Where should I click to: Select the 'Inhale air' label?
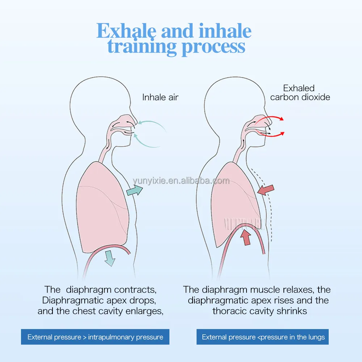pyautogui.click(x=160, y=97)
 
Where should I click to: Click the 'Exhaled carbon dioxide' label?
pyautogui.click(x=300, y=93)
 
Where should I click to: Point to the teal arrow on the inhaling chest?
pyautogui.click(x=135, y=190)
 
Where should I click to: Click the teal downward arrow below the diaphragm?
pyautogui.click(x=110, y=258)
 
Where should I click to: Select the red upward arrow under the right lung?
pyautogui.click(x=247, y=237)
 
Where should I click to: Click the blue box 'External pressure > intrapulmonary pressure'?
pyautogui.click(x=95, y=337)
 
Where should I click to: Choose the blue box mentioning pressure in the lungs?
pyautogui.click(x=263, y=337)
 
